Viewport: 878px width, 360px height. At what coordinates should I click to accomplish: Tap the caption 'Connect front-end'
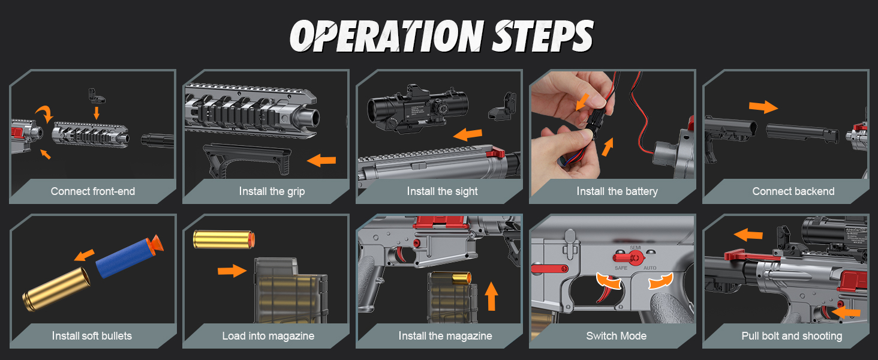pyautogui.click(x=93, y=191)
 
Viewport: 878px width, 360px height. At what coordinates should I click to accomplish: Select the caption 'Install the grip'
pyautogui.click(x=272, y=191)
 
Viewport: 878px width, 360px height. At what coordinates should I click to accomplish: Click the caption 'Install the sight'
pyautogui.click(x=442, y=191)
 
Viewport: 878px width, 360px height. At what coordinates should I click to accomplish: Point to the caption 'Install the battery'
pyautogui.click(x=617, y=191)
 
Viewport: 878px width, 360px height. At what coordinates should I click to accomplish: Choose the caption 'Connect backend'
pyautogui.click(x=793, y=191)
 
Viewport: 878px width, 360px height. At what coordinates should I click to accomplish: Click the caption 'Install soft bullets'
pyautogui.click(x=92, y=335)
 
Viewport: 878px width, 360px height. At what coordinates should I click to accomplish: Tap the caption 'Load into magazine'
pyautogui.click(x=268, y=335)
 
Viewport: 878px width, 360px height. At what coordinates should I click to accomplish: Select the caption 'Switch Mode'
pyautogui.click(x=617, y=335)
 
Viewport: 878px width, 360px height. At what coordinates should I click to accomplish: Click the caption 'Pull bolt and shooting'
pyautogui.click(x=792, y=335)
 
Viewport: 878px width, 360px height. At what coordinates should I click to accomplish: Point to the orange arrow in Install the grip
pyautogui.click(x=321, y=160)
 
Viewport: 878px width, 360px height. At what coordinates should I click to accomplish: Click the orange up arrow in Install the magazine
pyautogui.click(x=492, y=295)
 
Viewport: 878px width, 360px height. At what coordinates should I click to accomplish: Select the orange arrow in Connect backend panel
pyautogui.click(x=763, y=107)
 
